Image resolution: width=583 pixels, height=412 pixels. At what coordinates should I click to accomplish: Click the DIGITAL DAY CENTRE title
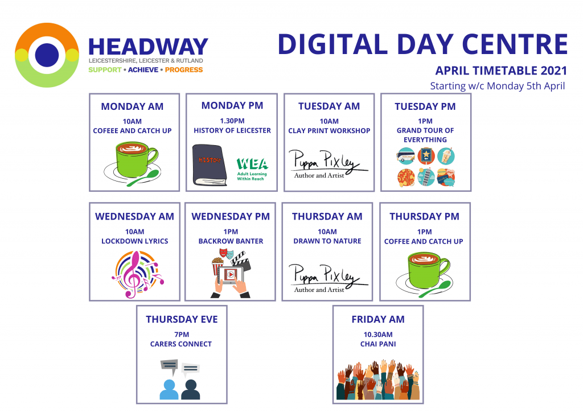coord(423,44)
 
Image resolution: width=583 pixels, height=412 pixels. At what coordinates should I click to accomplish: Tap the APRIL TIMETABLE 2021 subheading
coord(501,71)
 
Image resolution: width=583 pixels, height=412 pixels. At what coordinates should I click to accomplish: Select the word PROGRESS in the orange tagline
coord(184,70)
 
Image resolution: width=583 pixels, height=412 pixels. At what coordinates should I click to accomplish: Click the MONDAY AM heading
coord(132,106)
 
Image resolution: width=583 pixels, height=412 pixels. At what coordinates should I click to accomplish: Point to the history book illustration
coord(210,165)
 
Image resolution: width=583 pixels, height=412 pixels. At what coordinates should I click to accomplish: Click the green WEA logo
coord(252,168)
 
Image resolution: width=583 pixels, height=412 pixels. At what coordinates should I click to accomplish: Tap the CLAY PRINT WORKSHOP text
coord(329,131)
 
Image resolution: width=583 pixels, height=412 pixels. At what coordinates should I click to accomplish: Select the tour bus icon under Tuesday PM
coord(405,156)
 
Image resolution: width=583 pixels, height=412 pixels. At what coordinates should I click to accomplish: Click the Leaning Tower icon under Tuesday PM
coord(426,177)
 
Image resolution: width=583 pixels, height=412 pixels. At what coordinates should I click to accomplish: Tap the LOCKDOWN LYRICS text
coord(134,241)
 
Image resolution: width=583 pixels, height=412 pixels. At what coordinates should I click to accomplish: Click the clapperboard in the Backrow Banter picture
coord(241,259)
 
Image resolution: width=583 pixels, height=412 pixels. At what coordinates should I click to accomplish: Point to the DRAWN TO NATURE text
coord(327,241)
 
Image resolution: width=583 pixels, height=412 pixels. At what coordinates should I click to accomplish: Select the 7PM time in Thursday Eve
coord(182,335)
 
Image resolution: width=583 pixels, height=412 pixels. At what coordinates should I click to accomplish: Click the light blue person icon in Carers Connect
coord(169,389)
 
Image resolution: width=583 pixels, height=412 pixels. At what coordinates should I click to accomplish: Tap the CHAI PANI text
coord(378,344)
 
